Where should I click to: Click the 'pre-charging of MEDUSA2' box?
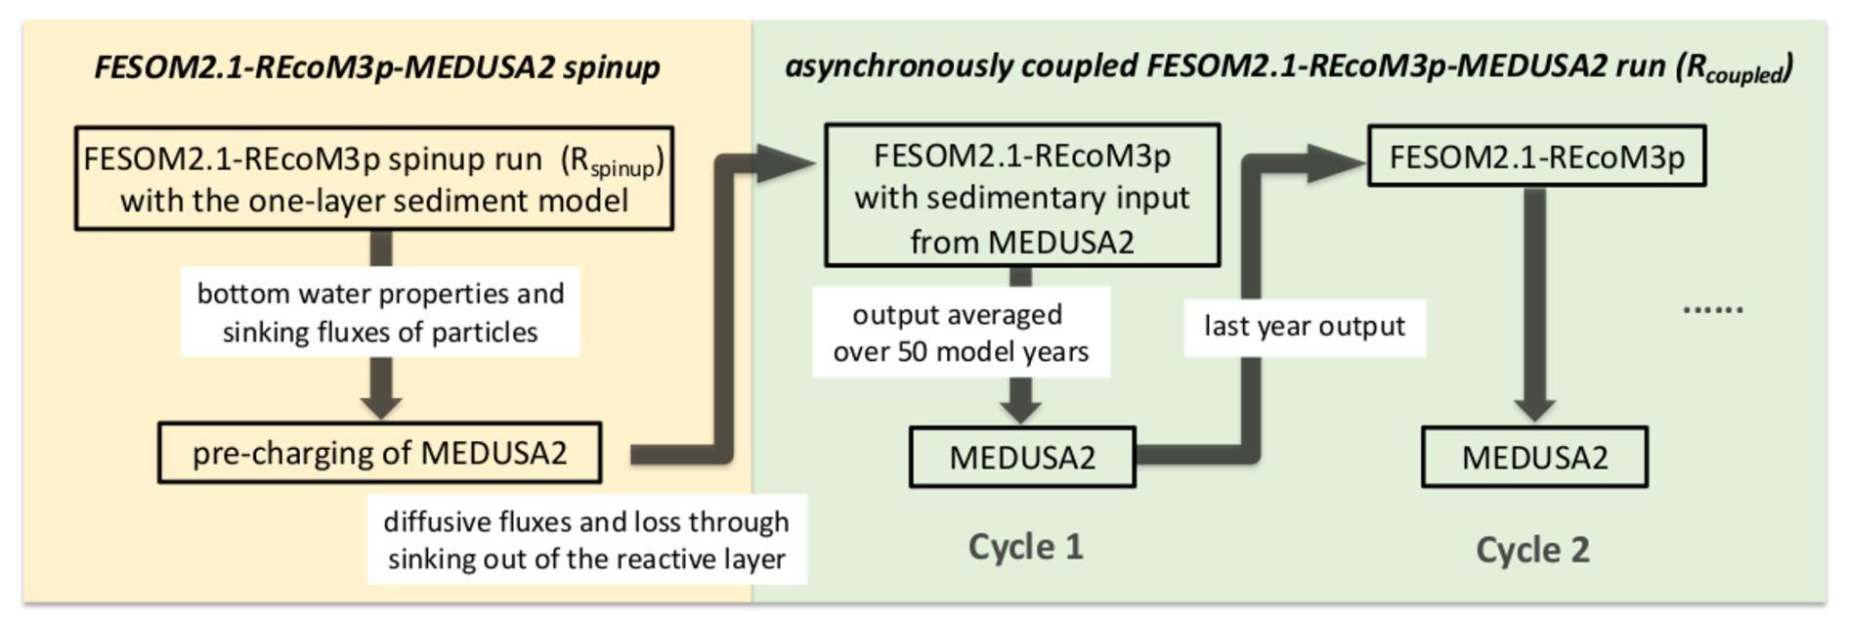click(379, 453)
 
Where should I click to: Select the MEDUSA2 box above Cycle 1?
click(1022, 457)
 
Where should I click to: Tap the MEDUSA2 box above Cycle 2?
click(1534, 457)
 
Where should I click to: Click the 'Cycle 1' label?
click(1025, 547)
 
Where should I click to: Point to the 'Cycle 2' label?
click(1532, 550)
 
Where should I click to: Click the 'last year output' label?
click(1304, 327)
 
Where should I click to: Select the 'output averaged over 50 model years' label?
click(960, 333)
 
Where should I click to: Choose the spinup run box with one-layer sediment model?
click(374, 178)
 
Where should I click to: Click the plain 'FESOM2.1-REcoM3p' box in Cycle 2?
click(1536, 157)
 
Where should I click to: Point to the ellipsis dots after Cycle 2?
click(1712, 310)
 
